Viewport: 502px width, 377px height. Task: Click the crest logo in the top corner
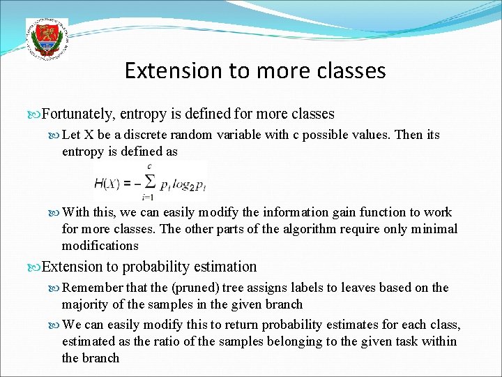pyautogui.click(x=47, y=40)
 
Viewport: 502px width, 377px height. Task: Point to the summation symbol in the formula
pyautogui.click(x=147, y=183)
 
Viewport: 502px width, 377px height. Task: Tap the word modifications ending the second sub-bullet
pyautogui.click(x=100, y=246)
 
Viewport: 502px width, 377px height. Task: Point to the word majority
pyautogui.click(x=84, y=304)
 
